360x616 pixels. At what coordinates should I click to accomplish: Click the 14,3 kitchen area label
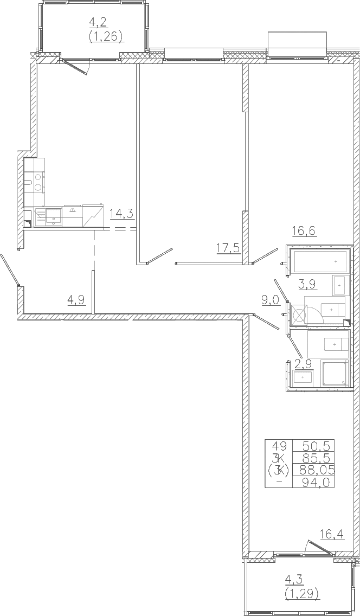coord(121,214)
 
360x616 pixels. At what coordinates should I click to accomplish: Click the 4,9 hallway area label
coord(76,300)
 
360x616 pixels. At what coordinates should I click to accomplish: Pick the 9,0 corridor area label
coord(271,300)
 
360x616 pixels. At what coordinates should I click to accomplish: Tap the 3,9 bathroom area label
coord(308,284)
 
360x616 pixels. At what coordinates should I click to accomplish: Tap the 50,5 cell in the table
coord(318,446)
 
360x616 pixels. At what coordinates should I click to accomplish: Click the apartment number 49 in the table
coord(280,446)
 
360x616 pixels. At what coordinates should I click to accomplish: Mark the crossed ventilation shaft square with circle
coord(299,316)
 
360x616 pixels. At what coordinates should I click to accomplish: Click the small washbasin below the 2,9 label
coord(303,377)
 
